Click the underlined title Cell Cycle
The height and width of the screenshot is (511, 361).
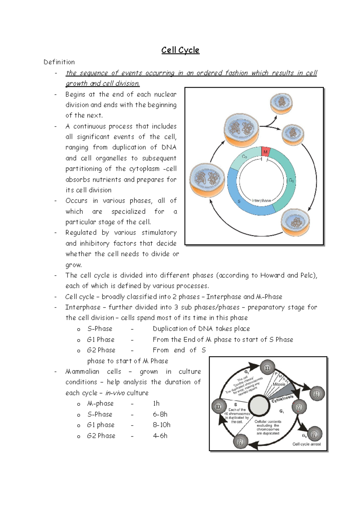point(180,50)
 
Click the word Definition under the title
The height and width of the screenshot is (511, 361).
point(59,62)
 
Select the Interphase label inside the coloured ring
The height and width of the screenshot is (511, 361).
point(261,200)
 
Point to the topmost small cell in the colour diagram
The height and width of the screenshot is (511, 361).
point(281,103)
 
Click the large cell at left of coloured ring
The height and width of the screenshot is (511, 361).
point(207,180)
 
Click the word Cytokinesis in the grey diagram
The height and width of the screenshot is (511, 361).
point(282,399)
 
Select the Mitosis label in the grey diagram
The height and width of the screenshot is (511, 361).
point(279,384)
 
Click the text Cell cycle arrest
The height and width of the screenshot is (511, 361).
point(307,444)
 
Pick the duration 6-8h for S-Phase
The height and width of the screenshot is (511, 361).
point(160,414)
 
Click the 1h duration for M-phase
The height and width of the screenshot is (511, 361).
point(156,404)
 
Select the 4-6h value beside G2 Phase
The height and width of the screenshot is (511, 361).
point(160,436)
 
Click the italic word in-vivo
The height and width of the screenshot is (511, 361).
point(115,393)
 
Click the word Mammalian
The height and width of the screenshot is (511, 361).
point(82,372)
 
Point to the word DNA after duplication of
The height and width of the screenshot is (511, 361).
point(169,147)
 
